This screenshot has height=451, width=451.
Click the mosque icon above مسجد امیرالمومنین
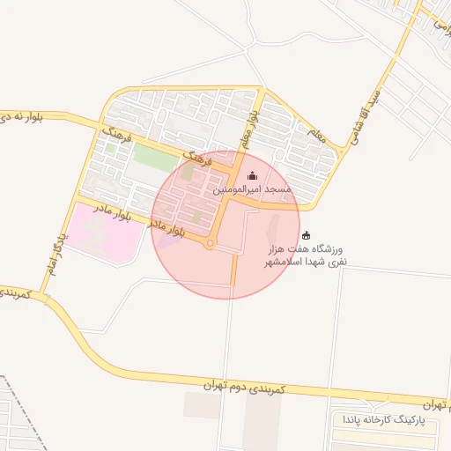click(253, 176)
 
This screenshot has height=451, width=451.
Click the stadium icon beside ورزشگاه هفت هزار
click(307, 235)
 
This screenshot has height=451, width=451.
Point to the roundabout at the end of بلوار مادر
click(210, 244)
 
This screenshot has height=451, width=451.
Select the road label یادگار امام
click(50, 248)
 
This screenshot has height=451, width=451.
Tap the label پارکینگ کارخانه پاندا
click(388, 421)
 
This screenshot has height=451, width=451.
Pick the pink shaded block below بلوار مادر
click(97, 233)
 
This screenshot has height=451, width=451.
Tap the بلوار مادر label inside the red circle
click(167, 228)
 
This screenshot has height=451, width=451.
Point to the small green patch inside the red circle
click(197, 216)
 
